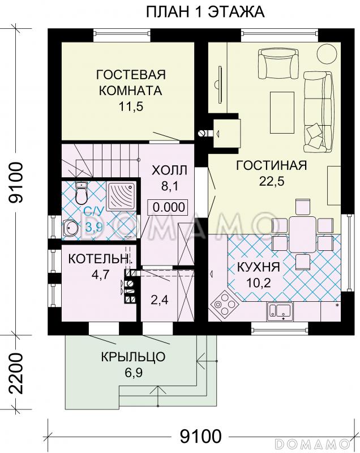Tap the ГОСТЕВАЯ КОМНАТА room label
[130, 83]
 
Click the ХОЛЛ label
[170, 170]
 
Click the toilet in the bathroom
[82, 194]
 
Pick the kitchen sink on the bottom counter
[280, 310]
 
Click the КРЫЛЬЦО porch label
[133, 357]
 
